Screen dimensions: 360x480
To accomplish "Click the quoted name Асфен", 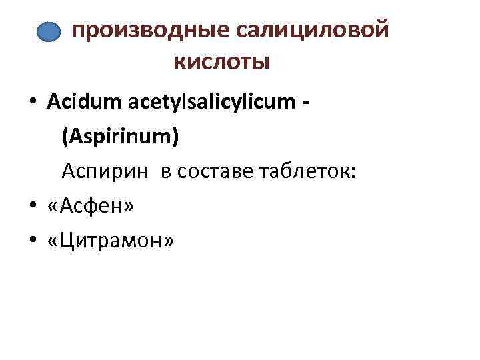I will [91, 207].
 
